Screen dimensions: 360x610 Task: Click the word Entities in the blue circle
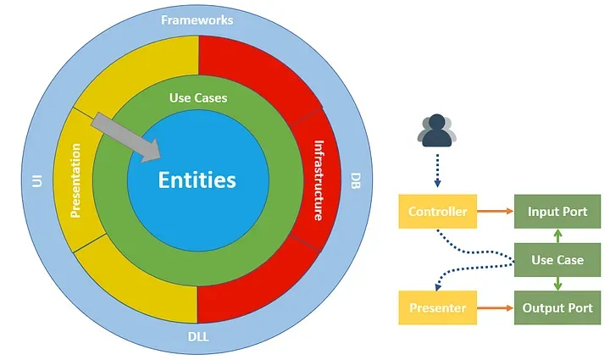[x=197, y=180]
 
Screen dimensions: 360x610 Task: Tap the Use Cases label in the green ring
[x=198, y=98]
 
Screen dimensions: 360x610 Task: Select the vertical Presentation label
[x=75, y=180]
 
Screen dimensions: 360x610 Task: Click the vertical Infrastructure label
[x=319, y=180]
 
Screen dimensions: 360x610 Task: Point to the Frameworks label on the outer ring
[x=198, y=19]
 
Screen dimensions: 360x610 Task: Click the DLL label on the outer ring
[x=198, y=339]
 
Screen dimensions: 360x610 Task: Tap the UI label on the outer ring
[x=36, y=180]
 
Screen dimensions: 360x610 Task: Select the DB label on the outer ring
[x=355, y=180]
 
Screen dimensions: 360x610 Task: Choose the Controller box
[x=437, y=211]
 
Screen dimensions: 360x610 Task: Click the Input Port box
[x=557, y=211]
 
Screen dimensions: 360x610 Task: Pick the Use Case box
[x=557, y=259]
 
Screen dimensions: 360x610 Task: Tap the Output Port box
[x=557, y=307]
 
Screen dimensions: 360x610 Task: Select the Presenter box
[x=437, y=307]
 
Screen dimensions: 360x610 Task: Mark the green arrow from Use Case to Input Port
[x=557, y=235]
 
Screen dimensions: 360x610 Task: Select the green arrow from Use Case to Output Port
[x=557, y=283]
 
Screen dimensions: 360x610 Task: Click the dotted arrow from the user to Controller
[x=437, y=169]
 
